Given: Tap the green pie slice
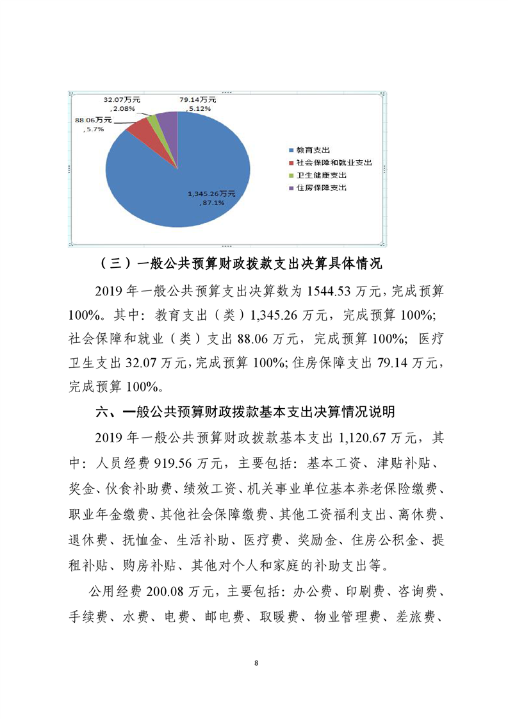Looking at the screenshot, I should tap(153, 118).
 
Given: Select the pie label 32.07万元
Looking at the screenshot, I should tap(122, 100).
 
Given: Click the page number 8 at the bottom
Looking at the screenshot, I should tap(255, 662).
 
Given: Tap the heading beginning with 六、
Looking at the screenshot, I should tap(244, 410).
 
